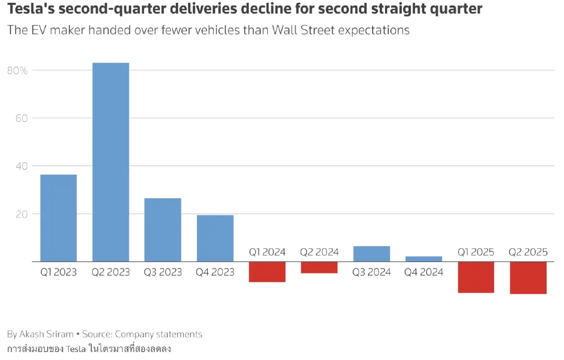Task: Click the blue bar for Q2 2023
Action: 110,162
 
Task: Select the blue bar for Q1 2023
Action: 58,218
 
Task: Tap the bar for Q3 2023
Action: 163,230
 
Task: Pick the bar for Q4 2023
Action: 215,238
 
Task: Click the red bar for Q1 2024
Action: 267,272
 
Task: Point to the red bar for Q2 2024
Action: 319,267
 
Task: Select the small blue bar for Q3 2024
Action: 371,254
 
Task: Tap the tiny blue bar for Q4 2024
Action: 423,259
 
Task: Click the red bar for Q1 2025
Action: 476,277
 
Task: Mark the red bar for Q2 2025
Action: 528,278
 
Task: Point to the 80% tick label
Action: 17,70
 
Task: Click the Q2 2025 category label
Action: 528,252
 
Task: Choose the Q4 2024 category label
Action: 423,272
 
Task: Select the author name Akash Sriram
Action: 47,334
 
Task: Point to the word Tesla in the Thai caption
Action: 76,349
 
